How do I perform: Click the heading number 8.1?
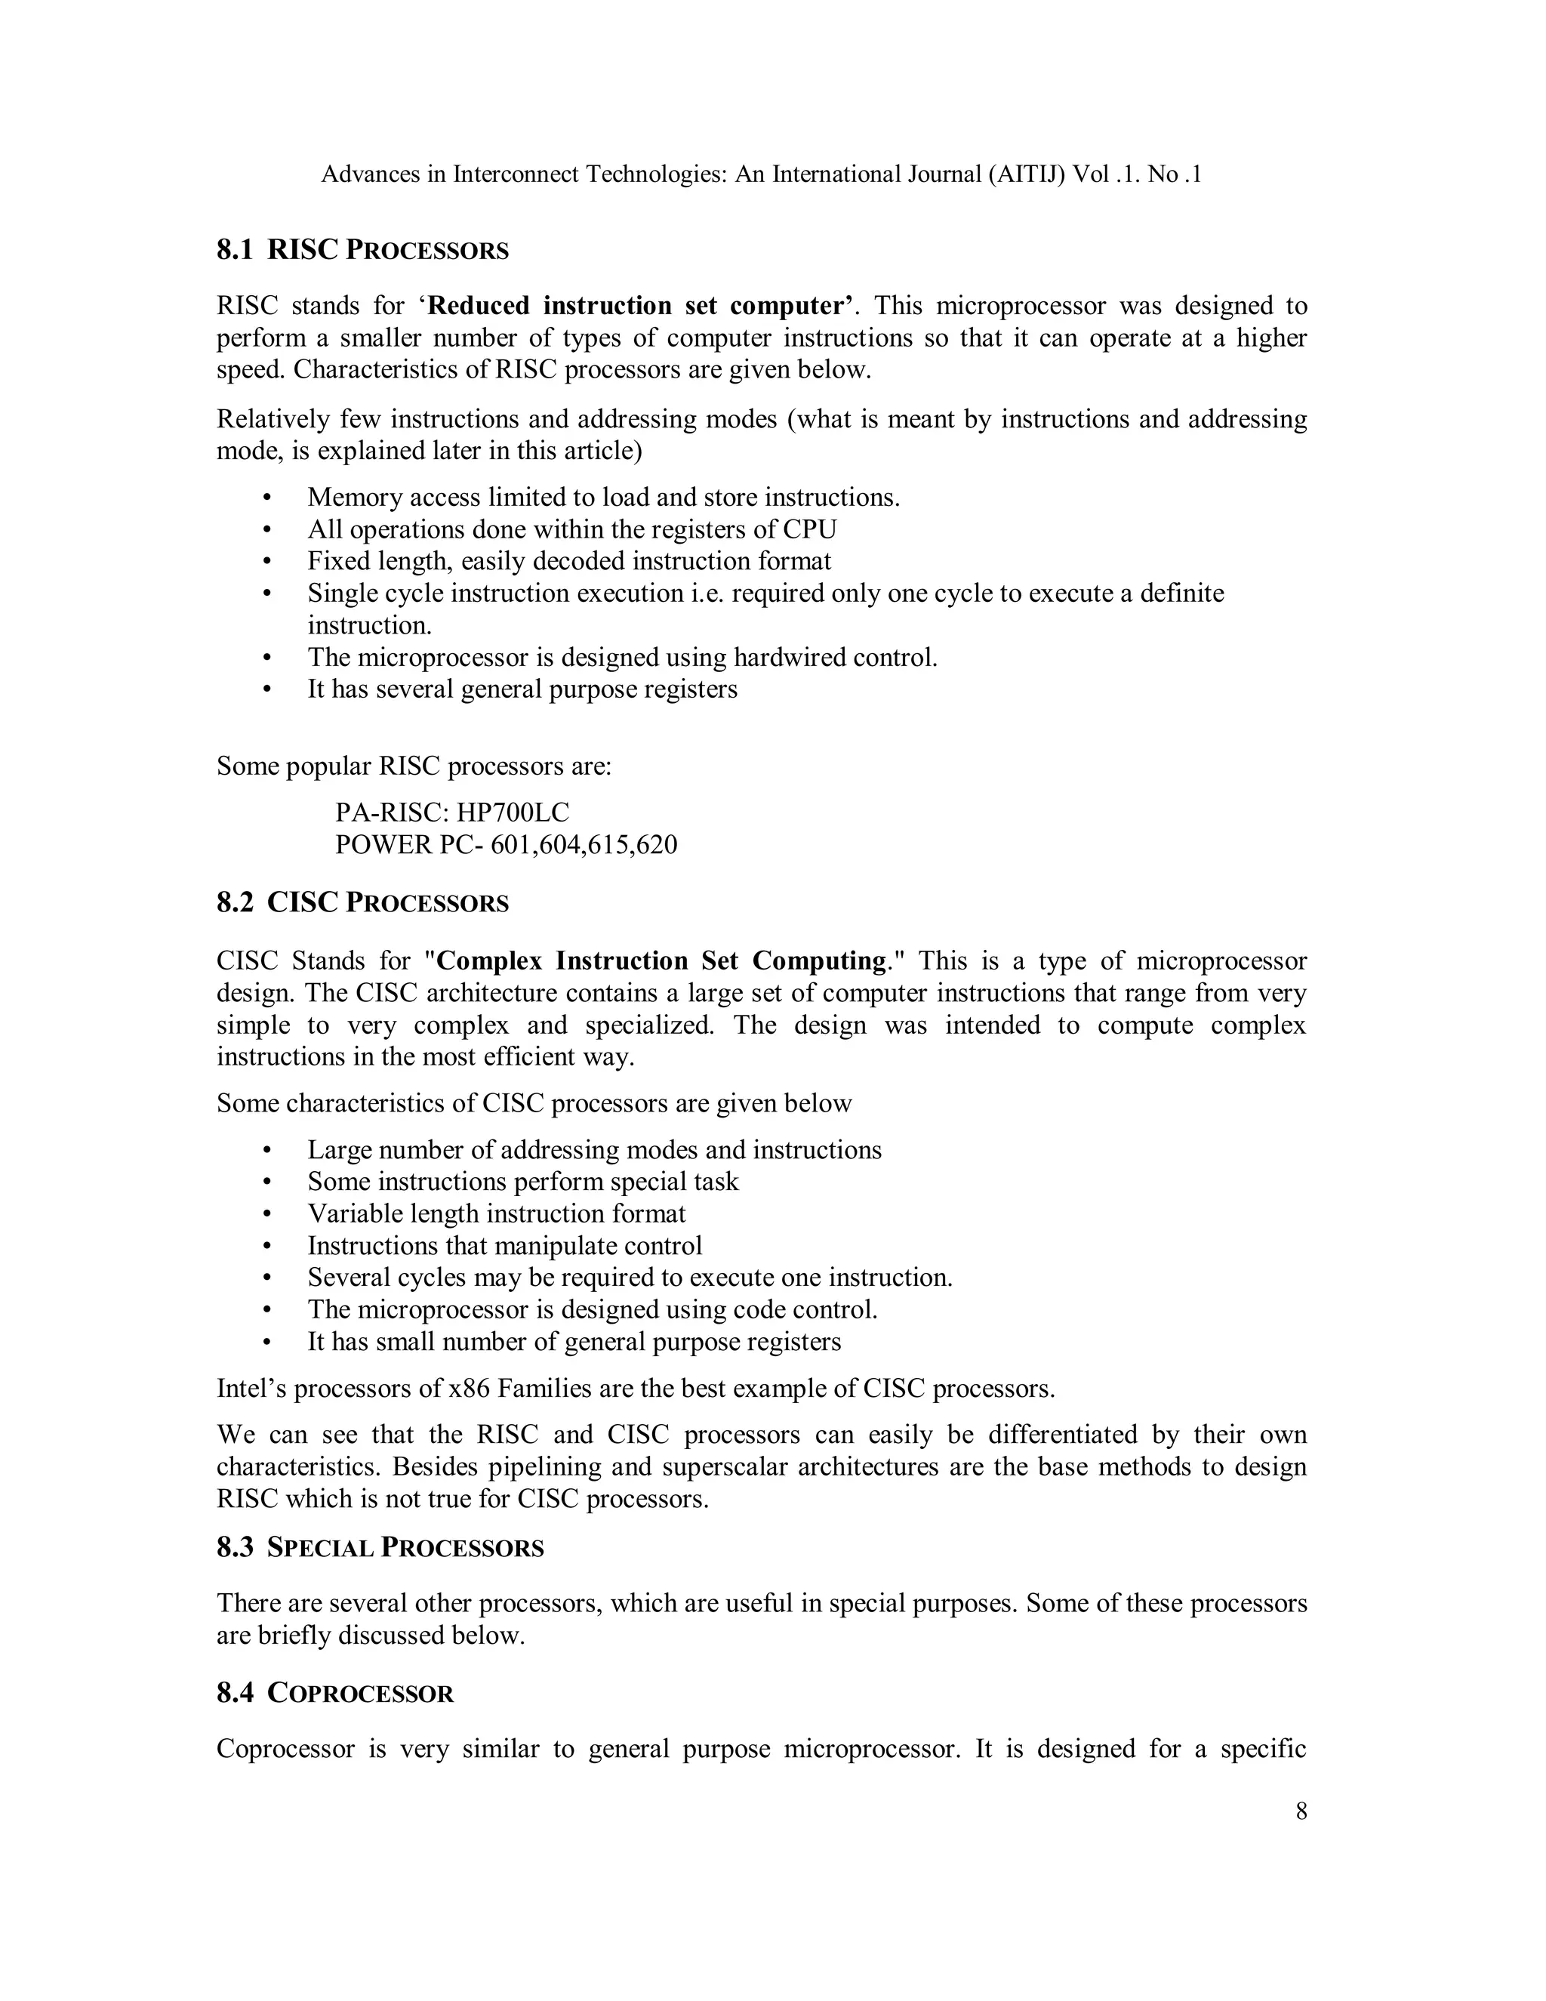(x=235, y=250)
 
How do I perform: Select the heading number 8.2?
(x=235, y=902)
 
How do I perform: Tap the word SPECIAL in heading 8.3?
(x=321, y=1549)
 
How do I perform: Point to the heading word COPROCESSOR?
(x=361, y=1693)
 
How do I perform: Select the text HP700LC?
(x=513, y=812)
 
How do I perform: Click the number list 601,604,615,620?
(x=584, y=844)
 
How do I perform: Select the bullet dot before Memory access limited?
(x=267, y=498)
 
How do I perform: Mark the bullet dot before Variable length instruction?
(x=267, y=1214)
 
